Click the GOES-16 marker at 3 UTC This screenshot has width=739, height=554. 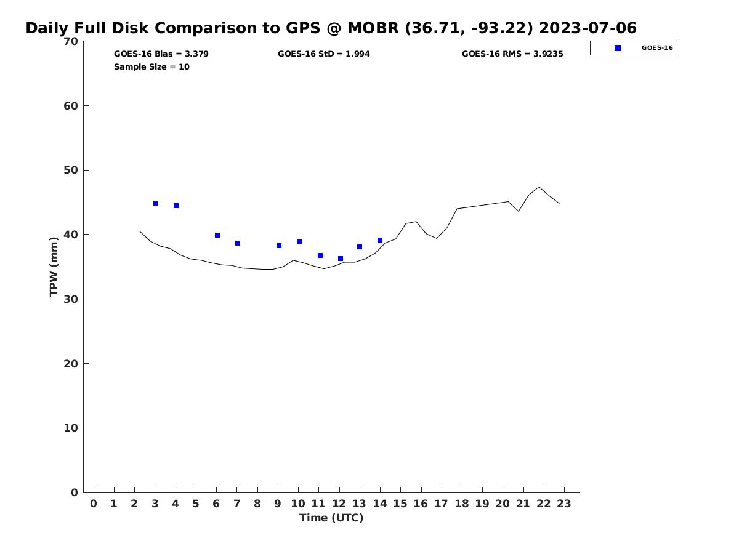156,203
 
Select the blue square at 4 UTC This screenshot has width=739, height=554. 176,206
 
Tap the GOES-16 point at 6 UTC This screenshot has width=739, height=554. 217,235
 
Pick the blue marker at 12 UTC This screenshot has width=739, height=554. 341,259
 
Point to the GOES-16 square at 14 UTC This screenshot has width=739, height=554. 380,240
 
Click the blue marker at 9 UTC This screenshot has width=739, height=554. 279,246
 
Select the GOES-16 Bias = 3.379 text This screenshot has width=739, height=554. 161,54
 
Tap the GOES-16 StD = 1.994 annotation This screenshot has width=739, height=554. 324,54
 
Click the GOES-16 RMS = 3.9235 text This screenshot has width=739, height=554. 512,54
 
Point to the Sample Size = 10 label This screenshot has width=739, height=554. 151,67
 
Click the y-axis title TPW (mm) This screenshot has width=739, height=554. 54,267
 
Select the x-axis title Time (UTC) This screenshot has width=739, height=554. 331,518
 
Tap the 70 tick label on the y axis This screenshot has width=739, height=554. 71,41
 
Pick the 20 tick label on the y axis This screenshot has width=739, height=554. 71,364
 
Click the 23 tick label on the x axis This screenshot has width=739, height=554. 564,504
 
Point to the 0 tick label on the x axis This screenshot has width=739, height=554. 94,504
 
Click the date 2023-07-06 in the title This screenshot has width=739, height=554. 588,28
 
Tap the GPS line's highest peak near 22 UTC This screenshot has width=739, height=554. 539,187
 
